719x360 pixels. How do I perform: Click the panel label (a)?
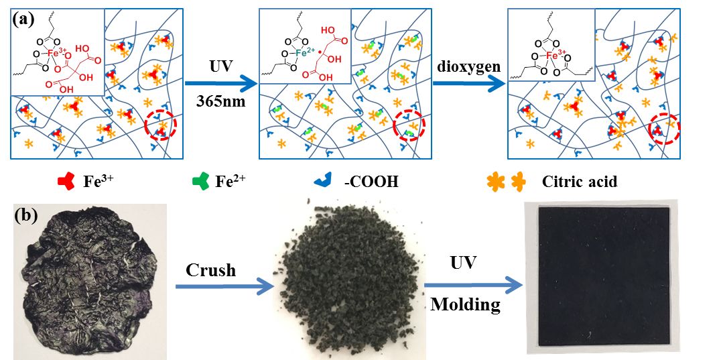(x=24, y=19)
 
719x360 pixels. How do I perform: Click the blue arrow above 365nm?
(x=221, y=83)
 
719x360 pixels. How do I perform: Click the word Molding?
(x=465, y=305)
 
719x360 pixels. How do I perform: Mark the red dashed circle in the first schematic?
(x=161, y=125)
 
